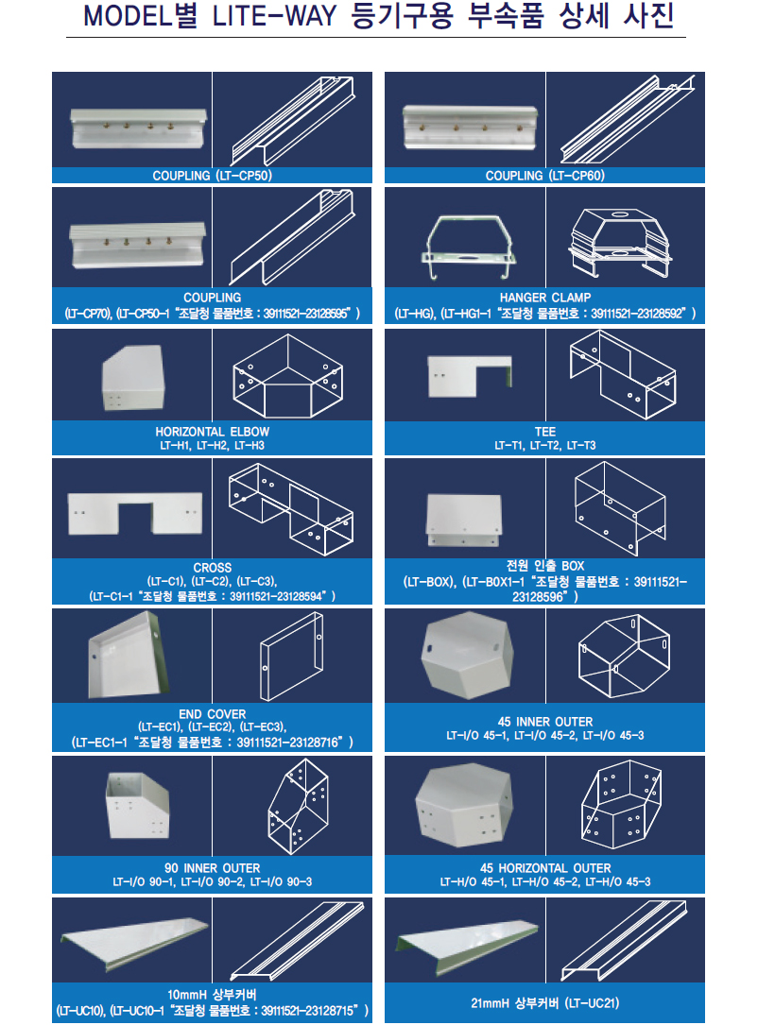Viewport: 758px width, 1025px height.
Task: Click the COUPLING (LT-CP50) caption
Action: tap(212, 175)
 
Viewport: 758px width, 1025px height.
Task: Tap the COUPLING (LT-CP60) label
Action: tap(544, 175)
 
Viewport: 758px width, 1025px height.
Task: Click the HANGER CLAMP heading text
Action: tap(544, 298)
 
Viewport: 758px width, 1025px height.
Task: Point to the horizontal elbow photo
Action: tap(132, 378)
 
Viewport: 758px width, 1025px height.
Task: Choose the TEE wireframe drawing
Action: tap(623, 374)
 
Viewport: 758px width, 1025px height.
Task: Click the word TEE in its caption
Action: tap(544, 432)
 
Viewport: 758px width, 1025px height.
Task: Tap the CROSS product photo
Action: tap(135, 513)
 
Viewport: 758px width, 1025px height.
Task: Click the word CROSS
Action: tap(212, 568)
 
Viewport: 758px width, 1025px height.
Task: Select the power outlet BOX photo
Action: tap(464, 520)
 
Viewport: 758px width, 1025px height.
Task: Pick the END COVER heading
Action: tap(212, 714)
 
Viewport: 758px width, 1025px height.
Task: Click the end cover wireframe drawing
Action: tap(292, 656)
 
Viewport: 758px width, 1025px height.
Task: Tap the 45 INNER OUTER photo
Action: tap(467, 655)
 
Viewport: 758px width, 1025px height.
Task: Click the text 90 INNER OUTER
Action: tap(212, 868)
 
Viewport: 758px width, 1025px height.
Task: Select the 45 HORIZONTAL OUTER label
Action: tap(544, 868)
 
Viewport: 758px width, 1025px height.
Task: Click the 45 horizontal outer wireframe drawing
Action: tap(622, 805)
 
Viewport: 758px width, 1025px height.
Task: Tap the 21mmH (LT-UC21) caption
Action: tap(544, 1002)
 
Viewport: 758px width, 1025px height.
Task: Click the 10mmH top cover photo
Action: tap(135, 939)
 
